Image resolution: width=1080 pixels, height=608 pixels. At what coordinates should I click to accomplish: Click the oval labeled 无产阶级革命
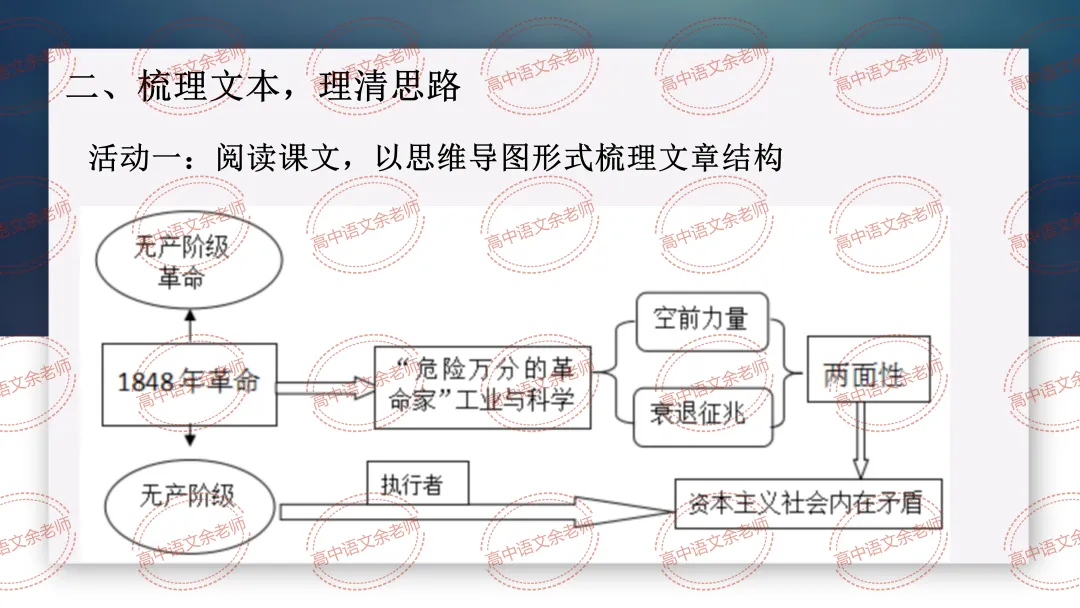(188, 261)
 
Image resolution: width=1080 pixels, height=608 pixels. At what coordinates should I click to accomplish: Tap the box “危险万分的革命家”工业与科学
(482, 387)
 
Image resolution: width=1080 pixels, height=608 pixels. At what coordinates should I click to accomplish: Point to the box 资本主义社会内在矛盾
(808, 506)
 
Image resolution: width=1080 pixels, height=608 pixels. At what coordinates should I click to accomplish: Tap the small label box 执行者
(411, 486)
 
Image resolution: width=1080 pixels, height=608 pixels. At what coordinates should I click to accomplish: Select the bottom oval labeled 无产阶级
(188, 498)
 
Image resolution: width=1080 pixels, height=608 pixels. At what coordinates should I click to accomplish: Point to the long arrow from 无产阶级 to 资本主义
(470, 511)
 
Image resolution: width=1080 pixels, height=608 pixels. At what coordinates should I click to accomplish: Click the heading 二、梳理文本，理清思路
(263, 86)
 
